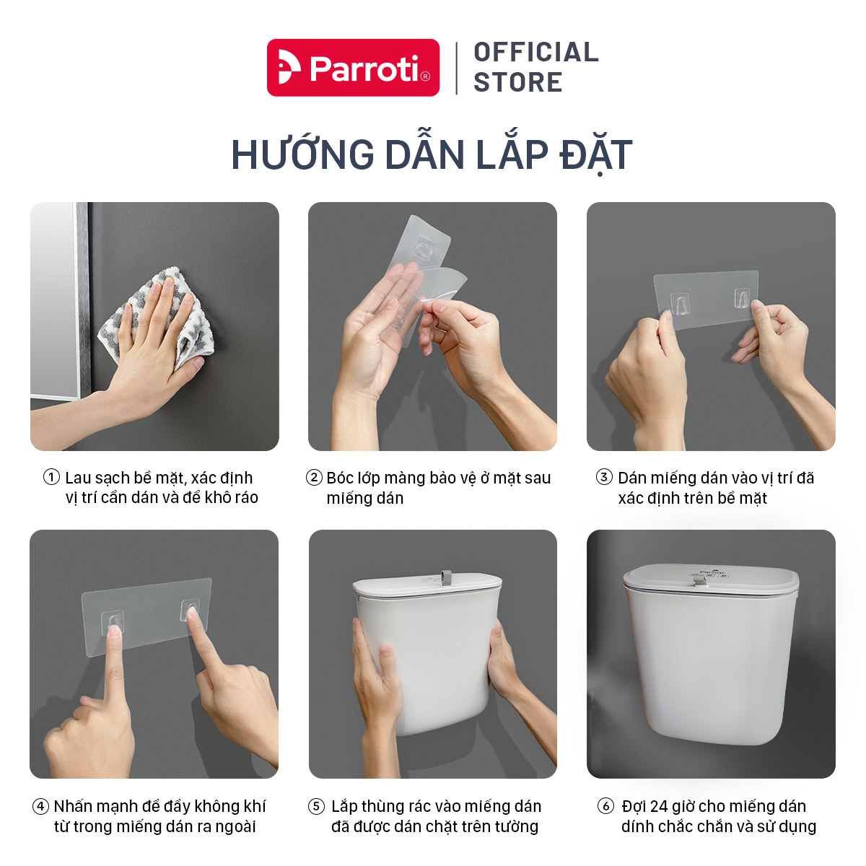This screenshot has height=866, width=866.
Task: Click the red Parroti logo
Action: pos(353,67)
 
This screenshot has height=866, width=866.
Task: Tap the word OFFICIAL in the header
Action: pos(536,52)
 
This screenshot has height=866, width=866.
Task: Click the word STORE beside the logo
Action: pos(517,82)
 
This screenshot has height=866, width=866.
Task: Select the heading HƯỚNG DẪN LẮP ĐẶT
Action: pos(432,154)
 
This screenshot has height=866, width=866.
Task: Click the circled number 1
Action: pos(51,477)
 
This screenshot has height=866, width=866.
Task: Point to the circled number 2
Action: pos(314,477)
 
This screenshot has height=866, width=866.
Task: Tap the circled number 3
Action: pos(604,477)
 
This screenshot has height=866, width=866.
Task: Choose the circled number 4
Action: pos(40,806)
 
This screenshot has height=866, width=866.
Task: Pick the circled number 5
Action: pos(316,806)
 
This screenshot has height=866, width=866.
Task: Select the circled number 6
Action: pos(605,806)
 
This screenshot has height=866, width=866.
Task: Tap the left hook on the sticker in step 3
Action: pos(680,304)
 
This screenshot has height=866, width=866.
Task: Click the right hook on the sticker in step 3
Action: pos(742,298)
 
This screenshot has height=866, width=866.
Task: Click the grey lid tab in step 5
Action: pos(446,578)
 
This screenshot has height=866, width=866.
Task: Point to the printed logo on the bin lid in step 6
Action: pos(709,574)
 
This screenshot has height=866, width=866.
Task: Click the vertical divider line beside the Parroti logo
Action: pos(457,69)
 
